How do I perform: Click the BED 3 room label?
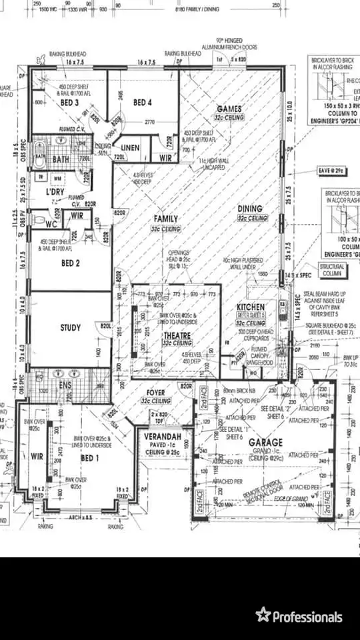click(71, 103)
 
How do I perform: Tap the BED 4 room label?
click(143, 102)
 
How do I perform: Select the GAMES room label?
click(229, 109)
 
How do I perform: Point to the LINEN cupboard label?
click(131, 147)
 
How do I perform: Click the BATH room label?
click(61, 160)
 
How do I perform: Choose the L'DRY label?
click(55, 192)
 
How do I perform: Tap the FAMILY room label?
click(166, 219)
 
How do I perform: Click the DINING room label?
click(250, 209)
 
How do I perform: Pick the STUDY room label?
click(71, 327)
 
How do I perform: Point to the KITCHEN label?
click(251, 307)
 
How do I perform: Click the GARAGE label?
click(267, 442)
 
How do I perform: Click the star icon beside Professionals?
click(263, 615)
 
